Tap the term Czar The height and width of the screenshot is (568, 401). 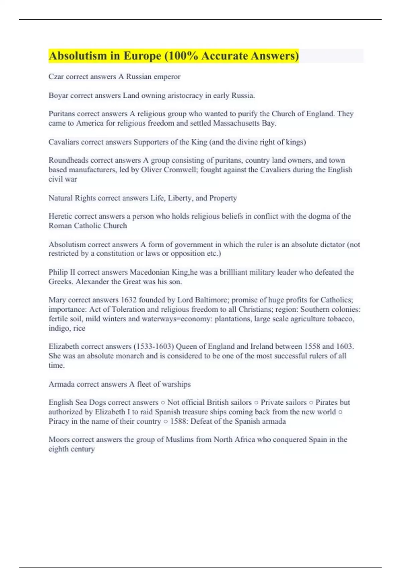pos(56,77)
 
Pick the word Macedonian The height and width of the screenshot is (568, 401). pos(150,272)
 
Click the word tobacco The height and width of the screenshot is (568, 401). pos(341,319)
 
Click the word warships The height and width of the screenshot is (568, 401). pos(176,384)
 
